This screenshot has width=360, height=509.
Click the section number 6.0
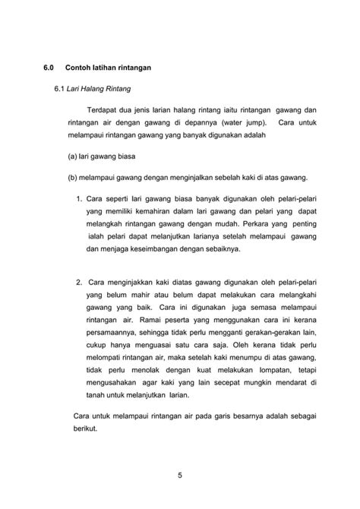point(49,68)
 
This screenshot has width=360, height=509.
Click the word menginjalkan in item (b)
point(166,178)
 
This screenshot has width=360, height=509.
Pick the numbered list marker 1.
point(79,199)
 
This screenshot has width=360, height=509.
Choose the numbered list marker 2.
point(79,283)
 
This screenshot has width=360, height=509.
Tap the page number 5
point(180,476)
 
